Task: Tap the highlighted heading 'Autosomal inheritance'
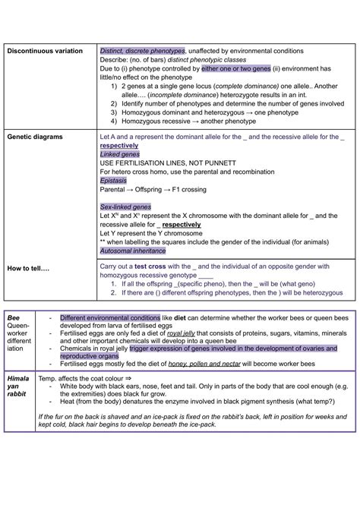coord(134,251)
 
